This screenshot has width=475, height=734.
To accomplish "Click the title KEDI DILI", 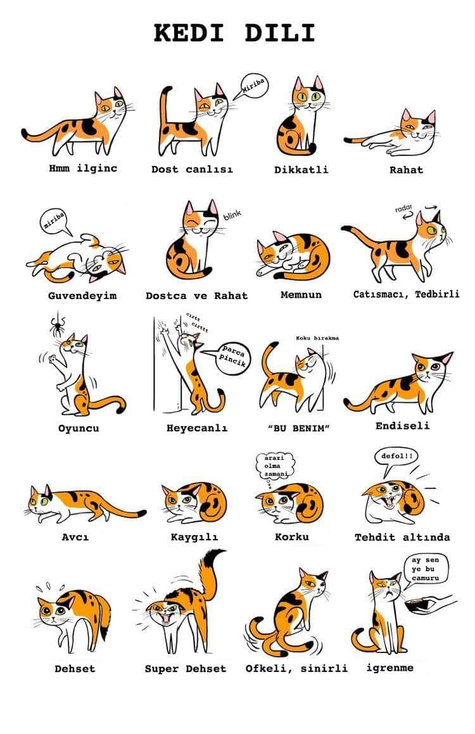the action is click(234, 33).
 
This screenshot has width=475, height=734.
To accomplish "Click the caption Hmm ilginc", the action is click(83, 168).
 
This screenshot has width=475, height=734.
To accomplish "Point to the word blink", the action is click(232, 215).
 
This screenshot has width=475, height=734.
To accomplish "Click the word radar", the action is click(403, 208).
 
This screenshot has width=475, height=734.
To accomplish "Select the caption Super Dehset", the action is click(186, 669).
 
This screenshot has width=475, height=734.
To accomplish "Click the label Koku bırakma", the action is click(317, 338).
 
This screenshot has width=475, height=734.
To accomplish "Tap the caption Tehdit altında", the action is click(402, 537).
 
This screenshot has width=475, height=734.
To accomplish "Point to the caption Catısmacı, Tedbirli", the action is click(406, 294).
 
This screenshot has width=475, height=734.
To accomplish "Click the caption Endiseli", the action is click(402, 426).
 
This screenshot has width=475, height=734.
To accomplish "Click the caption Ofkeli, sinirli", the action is click(296, 669).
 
